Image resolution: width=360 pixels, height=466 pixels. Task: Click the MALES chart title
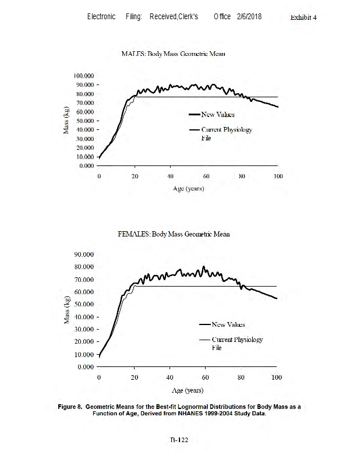coord(173,54)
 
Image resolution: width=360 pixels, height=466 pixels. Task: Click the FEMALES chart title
coord(173,234)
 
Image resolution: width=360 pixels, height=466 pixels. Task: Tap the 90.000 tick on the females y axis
coord(83,255)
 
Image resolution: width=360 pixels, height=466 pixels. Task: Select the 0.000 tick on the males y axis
coord(86,166)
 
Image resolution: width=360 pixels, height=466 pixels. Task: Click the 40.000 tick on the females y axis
coord(83,317)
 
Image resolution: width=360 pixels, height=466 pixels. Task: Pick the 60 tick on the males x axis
coord(206,176)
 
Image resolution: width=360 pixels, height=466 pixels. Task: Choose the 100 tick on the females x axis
coord(277,377)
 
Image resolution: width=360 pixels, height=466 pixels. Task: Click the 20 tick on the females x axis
coord(135,377)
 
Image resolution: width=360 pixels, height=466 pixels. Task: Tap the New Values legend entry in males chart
coord(218,115)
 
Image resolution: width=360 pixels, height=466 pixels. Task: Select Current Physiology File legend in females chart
coord(237,343)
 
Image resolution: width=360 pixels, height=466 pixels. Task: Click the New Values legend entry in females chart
coord(228,324)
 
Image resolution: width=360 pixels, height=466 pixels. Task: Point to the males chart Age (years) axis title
coord(188,189)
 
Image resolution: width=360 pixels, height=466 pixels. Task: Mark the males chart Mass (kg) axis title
coord(66,121)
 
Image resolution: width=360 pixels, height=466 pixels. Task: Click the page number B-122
coord(179,441)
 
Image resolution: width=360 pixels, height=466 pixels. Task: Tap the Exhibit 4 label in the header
coord(303,17)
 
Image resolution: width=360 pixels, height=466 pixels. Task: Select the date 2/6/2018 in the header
coord(249,17)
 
